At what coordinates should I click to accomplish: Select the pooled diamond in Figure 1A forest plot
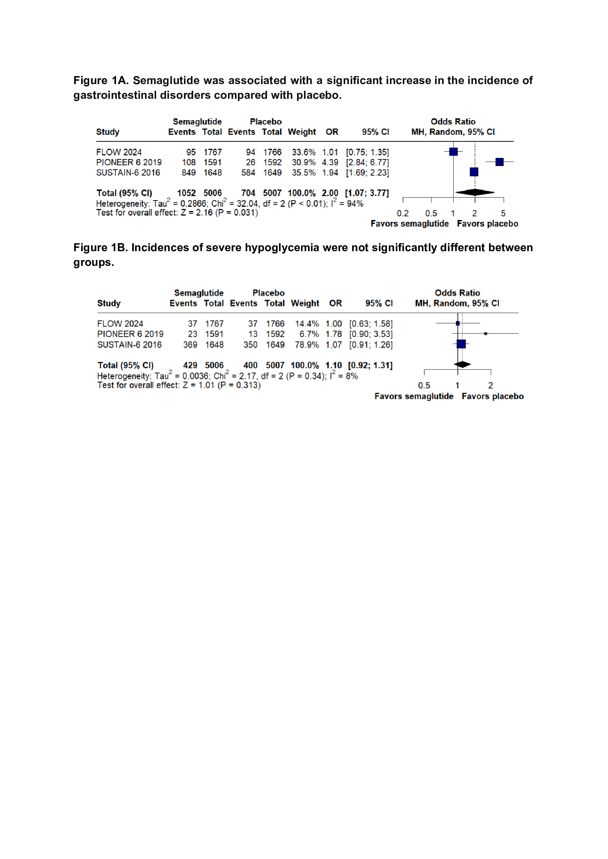475,192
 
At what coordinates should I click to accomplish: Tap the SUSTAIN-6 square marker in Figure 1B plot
461,344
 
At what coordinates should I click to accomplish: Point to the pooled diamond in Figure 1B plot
462,364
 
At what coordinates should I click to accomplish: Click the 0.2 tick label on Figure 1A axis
402,213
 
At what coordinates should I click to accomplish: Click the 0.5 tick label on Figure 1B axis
424,386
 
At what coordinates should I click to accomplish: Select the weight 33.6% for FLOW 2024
304,152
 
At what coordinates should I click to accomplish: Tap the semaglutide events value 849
189,173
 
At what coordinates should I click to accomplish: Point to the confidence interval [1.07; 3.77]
367,193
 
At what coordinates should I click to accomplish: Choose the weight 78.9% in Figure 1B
307,345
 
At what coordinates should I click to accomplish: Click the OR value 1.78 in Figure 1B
334,334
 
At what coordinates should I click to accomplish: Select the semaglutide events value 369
190,345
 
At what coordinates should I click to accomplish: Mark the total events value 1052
187,193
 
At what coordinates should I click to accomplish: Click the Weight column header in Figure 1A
302,132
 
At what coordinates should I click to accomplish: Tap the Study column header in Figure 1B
109,303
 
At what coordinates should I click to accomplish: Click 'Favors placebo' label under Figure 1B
492,396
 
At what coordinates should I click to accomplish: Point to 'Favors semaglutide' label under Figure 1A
410,224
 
